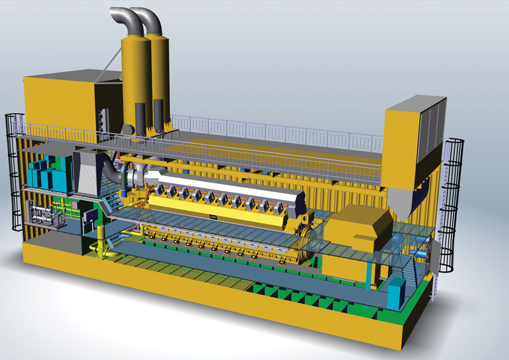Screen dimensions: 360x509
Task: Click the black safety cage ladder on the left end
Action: tap(14, 172)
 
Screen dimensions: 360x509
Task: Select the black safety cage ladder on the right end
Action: tap(453, 210)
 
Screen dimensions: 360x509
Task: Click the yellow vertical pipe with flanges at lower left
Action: tap(101, 252)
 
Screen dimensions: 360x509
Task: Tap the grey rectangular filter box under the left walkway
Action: tap(87, 172)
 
